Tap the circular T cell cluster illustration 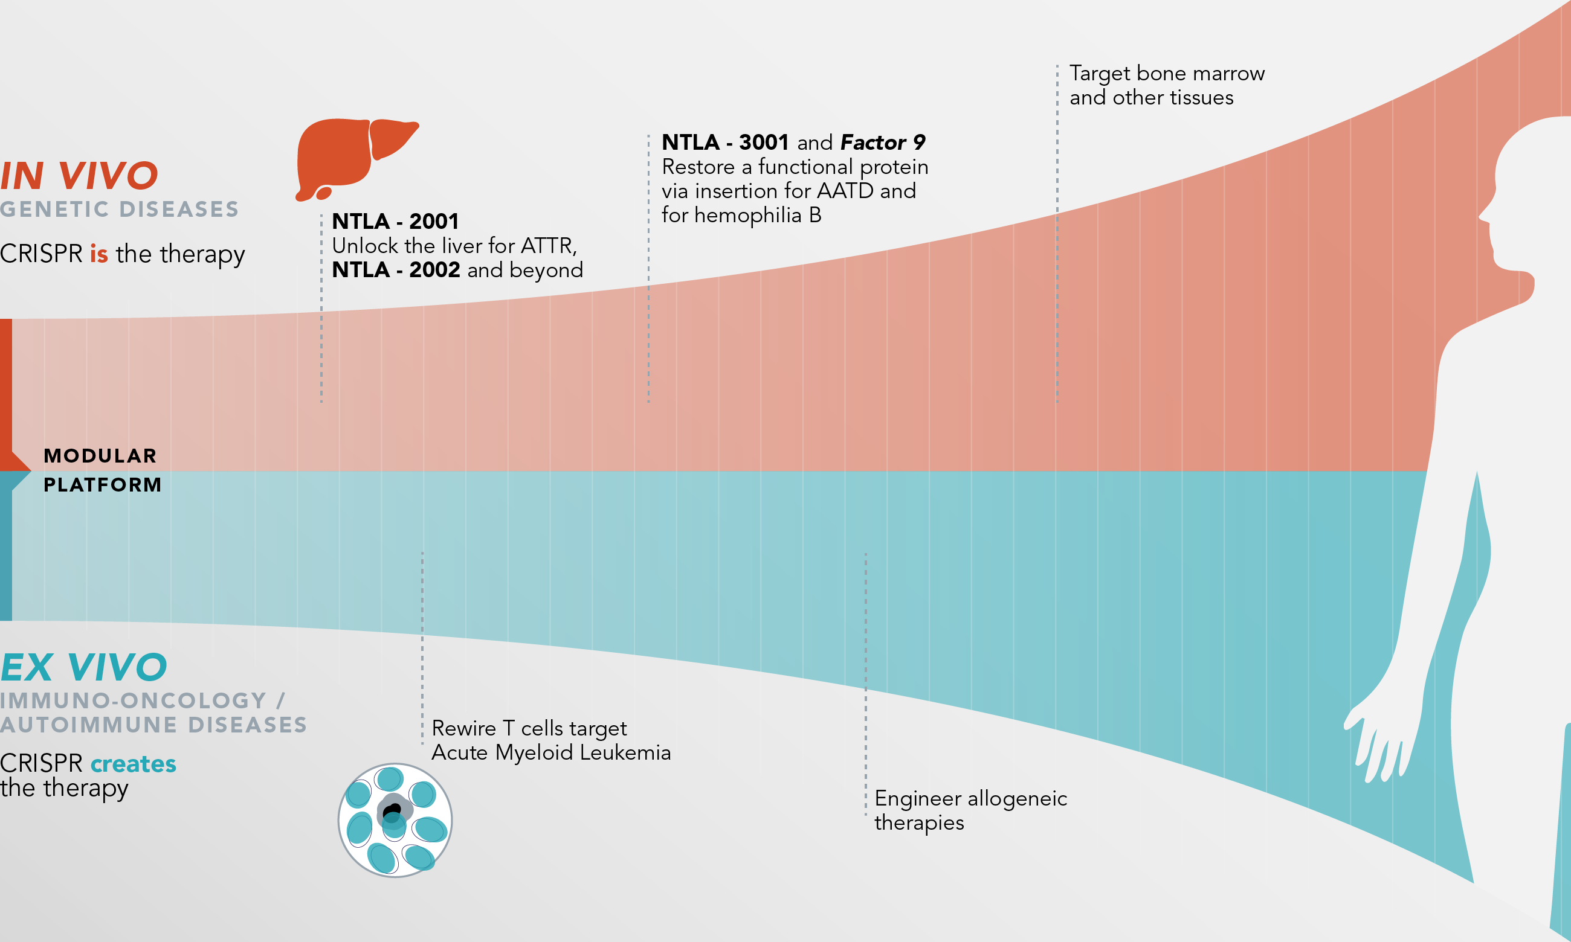(395, 820)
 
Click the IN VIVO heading (79, 176)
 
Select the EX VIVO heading (84, 667)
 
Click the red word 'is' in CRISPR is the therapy (98, 254)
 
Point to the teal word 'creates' (134, 764)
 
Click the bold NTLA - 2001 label (395, 222)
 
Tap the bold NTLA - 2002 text (396, 270)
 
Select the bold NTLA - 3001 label (724, 142)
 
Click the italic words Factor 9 (883, 142)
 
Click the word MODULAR (100, 456)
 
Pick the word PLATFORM (102, 485)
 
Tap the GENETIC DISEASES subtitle (120, 210)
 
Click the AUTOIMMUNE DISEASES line (153, 725)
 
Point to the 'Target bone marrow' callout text (1167, 74)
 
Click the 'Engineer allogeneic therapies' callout (970, 809)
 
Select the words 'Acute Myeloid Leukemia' (550, 753)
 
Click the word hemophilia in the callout (747, 215)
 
